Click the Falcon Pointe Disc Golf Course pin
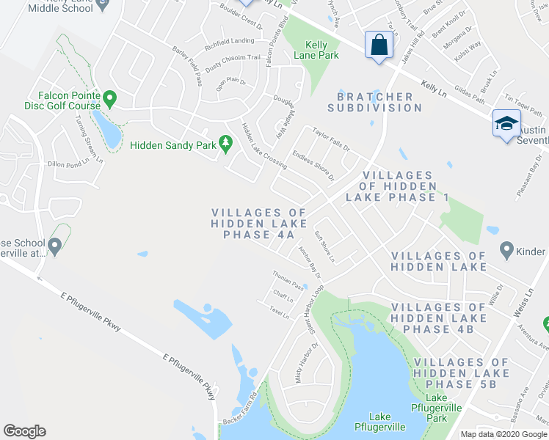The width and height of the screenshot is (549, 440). [x=110, y=97]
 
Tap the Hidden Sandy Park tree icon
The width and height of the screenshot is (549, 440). [x=226, y=144]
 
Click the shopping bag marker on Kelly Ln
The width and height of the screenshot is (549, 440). [x=378, y=45]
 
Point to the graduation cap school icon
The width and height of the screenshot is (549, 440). [x=506, y=125]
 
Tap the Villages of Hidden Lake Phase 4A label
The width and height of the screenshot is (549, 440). [x=253, y=224]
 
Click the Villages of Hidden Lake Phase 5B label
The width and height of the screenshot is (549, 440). [x=461, y=373]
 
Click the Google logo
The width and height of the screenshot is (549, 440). [x=24, y=431]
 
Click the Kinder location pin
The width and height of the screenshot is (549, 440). [x=506, y=250]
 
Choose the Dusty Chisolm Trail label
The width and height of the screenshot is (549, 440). [x=233, y=59]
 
